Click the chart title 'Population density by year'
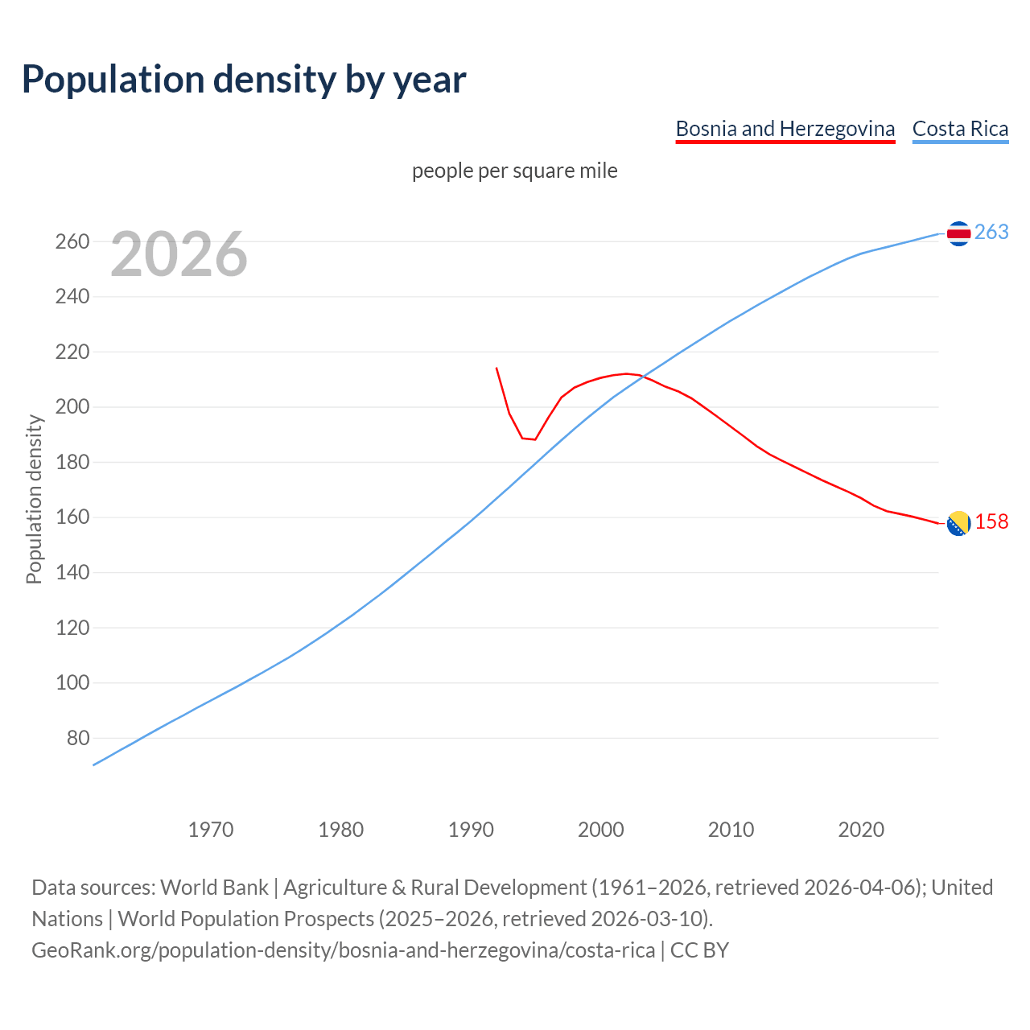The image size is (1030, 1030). pyautogui.click(x=244, y=79)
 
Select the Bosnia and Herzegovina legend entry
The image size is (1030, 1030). pyautogui.click(x=785, y=129)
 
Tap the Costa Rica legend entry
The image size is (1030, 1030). pyautogui.click(x=960, y=129)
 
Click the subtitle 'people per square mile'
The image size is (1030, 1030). pyautogui.click(x=514, y=171)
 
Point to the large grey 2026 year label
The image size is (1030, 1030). pyautogui.click(x=179, y=254)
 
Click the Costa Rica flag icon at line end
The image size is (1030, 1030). pyautogui.click(x=958, y=233)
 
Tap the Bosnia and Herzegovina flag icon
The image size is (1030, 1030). pyautogui.click(x=958, y=523)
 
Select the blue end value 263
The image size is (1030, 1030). pyautogui.click(x=991, y=232)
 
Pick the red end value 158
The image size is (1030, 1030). pyautogui.click(x=991, y=521)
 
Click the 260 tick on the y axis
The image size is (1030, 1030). pyautogui.click(x=72, y=241)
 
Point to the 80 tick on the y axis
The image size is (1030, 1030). pyautogui.click(x=78, y=738)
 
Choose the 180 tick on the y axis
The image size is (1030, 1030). pyautogui.click(x=72, y=462)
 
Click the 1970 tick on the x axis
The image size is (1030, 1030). pyautogui.click(x=211, y=829)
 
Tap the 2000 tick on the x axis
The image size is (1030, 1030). pyautogui.click(x=601, y=829)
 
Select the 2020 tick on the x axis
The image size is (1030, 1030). pyautogui.click(x=861, y=829)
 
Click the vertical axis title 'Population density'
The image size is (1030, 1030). pyautogui.click(x=34, y=499)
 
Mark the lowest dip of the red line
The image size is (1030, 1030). pyautogui.click(x=534, y=439)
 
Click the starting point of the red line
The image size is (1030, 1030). pyautogui.click(x=496, y=368)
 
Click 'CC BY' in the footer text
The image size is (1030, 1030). pyautogui.click(x=699, y=950)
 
